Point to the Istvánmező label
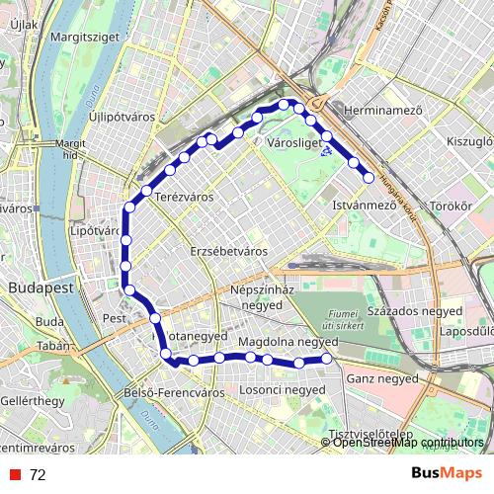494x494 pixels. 364,206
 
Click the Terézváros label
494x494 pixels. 184,198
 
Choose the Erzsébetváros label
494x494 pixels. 229,251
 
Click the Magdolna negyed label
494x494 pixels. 288,342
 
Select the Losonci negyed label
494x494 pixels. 283,390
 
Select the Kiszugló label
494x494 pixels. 469,142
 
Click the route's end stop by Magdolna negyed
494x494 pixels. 327,361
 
